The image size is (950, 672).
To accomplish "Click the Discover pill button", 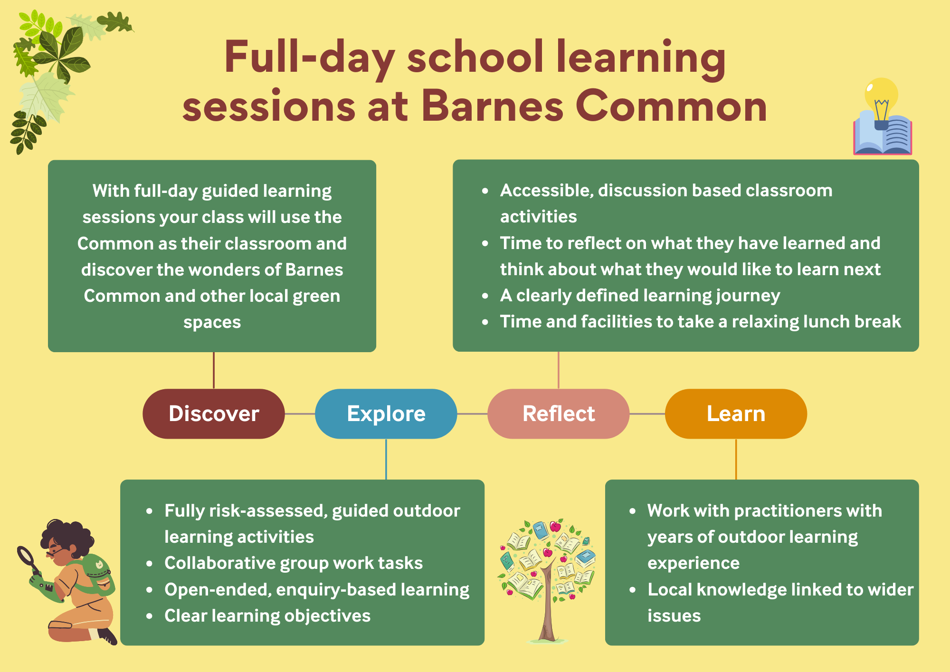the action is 214,413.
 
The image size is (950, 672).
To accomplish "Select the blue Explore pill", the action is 386,413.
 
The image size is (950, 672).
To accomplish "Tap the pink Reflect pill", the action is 559,413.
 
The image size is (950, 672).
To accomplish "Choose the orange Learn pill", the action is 736,413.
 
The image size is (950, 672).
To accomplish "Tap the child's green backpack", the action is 95,573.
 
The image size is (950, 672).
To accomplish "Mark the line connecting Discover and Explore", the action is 300,414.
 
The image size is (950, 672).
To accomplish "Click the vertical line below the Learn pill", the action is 736,459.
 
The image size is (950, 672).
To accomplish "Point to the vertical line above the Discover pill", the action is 214,370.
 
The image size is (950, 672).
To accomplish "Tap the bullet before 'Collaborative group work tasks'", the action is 150,564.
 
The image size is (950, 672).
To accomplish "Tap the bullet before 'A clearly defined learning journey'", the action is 485,296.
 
